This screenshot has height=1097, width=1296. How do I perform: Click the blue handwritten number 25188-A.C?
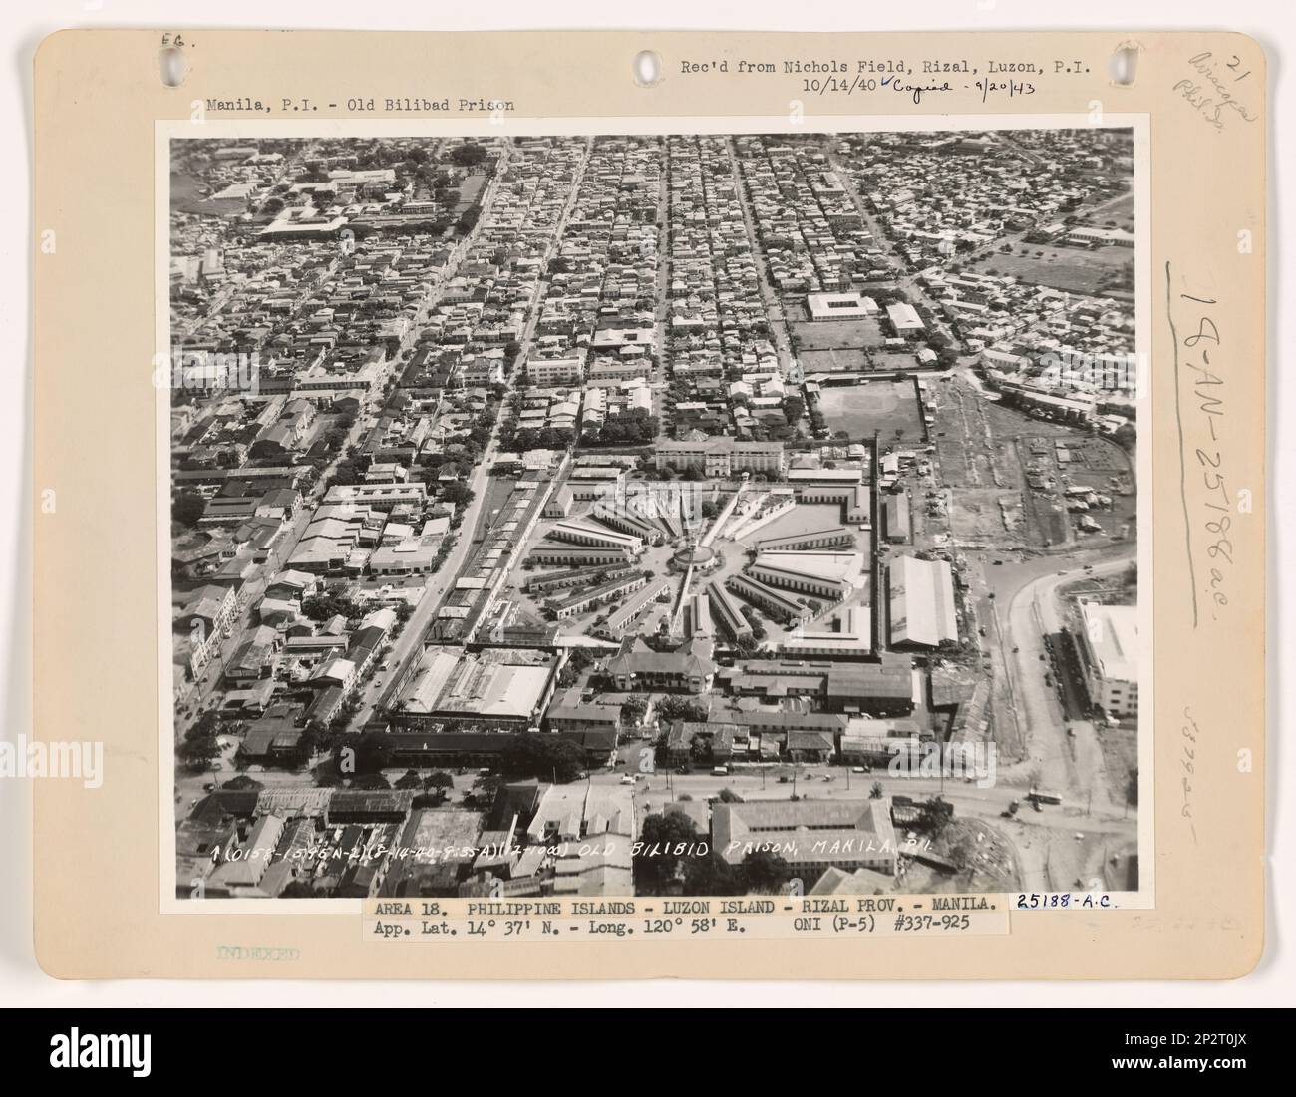tap(1066, 901)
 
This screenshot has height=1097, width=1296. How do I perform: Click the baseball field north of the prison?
tap(865, 409)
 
